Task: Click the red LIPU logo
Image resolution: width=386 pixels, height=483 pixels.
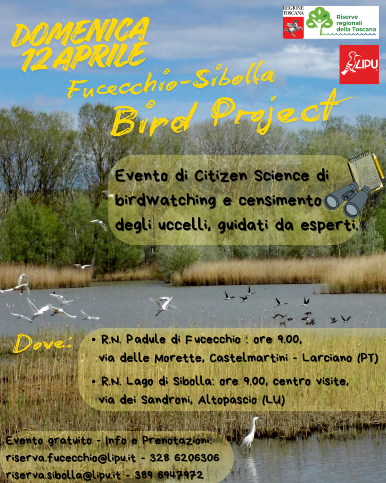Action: point(359,65)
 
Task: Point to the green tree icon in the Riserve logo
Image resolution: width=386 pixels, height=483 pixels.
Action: point(319,20)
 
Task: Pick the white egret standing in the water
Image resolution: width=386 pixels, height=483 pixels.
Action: point(250,433)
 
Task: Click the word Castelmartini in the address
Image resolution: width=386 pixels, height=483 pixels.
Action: point(246,358)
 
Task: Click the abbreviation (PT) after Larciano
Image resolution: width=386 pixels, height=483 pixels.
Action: point(368,358)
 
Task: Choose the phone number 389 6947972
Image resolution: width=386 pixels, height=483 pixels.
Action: point(169,475)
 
